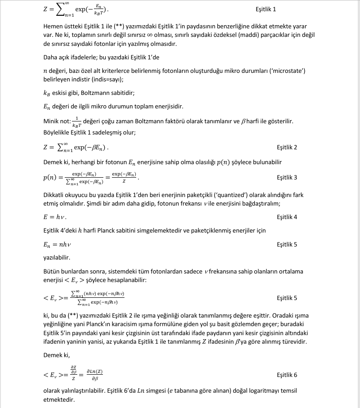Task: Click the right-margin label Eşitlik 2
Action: (x=287, y=148)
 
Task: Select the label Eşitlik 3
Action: (x=287, y=178)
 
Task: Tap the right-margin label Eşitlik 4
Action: (x=287, y=217)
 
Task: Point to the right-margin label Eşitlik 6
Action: (x=287, y=375)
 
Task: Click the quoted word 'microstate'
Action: (x=289, y=71)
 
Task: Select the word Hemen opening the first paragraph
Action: (x=53, y=27)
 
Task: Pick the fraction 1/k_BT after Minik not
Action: (x=76, y=122)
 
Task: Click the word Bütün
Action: (x=52, y=271)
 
